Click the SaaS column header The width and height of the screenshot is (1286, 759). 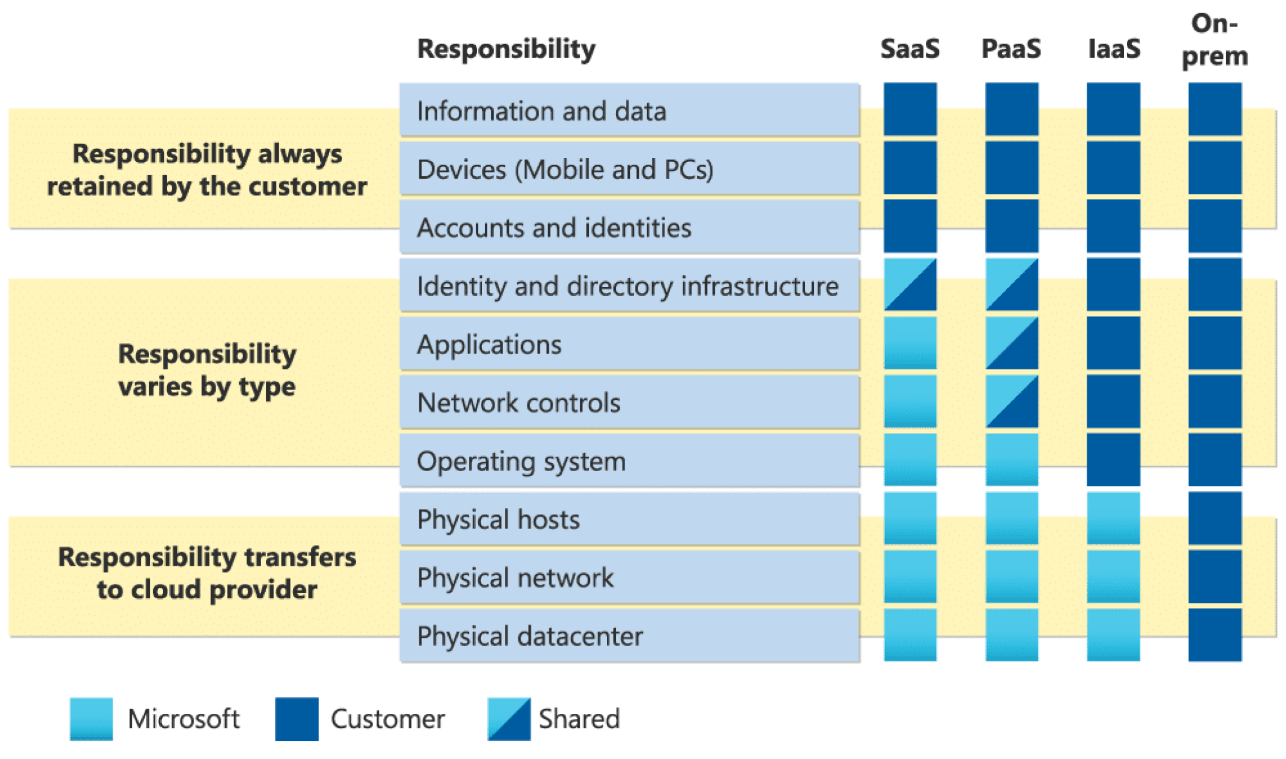[x=910, y=49]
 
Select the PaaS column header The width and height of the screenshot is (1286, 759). [x=1011, y=49]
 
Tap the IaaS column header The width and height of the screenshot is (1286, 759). [x=1114, y=49]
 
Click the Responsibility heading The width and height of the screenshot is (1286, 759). [x=506, y=50]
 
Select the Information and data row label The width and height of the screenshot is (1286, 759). [x=542, y=111]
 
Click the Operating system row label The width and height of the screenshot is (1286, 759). [x=521, y=461]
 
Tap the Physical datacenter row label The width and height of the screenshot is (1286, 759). [x=530, y=636]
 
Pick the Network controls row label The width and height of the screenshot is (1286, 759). [x=518, y=403]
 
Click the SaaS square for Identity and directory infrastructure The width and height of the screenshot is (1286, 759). [x=910, y=284]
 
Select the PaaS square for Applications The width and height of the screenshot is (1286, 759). [x=1011, y=343]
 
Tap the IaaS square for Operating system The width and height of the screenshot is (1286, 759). [x=1113, y=459]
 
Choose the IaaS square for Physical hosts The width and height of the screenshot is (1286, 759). [x=1113, y=517]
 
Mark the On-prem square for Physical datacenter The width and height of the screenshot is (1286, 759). [x=1215, y=634]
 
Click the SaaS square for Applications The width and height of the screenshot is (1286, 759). [x=910, y=343]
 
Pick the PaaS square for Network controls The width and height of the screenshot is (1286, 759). [x=1011, y=401]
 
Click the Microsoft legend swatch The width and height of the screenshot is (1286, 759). [x=91, y=719]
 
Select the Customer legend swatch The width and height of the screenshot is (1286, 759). [x=296, y=719]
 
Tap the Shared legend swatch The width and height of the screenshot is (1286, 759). [x=509, y=719]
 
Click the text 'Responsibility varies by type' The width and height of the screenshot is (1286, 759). [x=207, y=370]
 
